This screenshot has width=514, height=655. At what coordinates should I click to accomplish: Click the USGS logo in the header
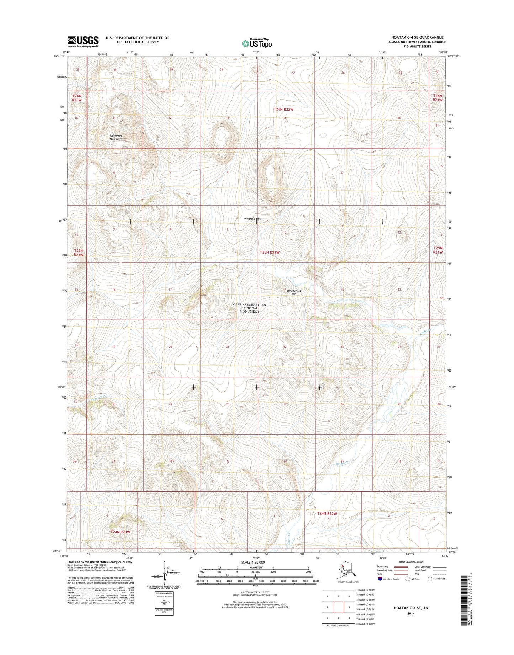pyautogui.click(x=83, y=41)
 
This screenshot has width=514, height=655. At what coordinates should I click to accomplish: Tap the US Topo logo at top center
pyautogui.click(x=257, y=43)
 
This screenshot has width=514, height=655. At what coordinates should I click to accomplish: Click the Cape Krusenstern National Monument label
pyautogui.click(x=249, y=308)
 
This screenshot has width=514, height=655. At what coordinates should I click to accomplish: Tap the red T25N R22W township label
pyautogui.click(x=270, y=252)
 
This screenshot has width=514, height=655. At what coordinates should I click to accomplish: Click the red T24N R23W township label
pyautogui.click(x=120, y=532)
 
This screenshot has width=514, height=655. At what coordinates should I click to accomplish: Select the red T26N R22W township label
pyautogui.click(x=284, y=109)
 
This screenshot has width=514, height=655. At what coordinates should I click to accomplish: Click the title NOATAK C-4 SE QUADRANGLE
pyautogui.click(x=417, y=37)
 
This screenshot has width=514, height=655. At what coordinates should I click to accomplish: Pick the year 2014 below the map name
pyautogui.click(x=411, y=613)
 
